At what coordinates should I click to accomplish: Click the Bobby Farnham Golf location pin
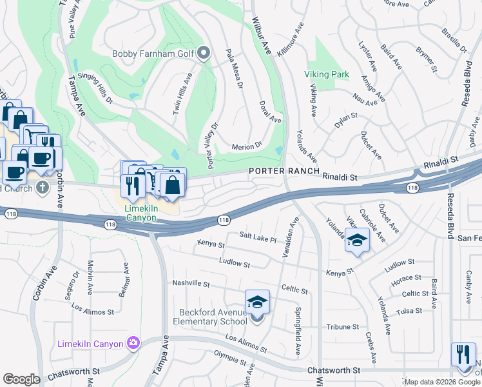click(x=204, y=54)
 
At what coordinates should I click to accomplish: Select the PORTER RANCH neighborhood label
click(x=284, y=170)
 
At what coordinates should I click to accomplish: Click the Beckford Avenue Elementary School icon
click(x=257, y=302)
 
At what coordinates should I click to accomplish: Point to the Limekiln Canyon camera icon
click(x=133, y=342)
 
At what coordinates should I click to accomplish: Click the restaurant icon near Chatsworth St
click(x=463, y=355)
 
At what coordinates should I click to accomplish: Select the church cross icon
click(x=43, y=188)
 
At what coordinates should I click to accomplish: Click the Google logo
click(x=21, y=379)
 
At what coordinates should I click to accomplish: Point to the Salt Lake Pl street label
click(x=258, y=238)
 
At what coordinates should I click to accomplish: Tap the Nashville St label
click(x=191, y=283)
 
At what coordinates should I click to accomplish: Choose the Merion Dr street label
click(x=247, y=146)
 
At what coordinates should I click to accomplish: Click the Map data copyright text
click(x=438, y=382)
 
